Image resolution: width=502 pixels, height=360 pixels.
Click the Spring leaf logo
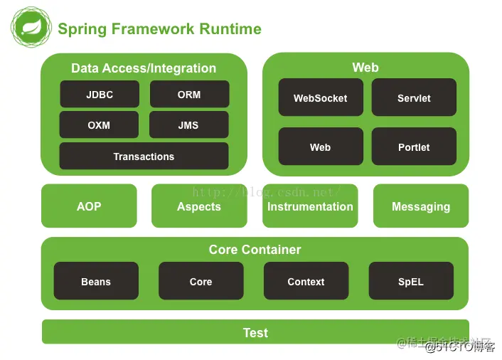pos(31,28)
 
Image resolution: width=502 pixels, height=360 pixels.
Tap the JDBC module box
pos(100,95)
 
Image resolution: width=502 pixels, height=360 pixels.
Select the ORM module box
pos(189,95)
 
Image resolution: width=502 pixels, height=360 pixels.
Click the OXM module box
pos(99,125)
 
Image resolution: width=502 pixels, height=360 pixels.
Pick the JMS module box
pos(188,125)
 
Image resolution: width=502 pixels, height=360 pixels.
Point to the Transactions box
pos(144,157)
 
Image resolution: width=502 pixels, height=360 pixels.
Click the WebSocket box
pos(321,98)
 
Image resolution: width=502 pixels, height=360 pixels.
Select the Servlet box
pos(414,98)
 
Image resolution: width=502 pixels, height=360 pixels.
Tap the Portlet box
pos(414,147)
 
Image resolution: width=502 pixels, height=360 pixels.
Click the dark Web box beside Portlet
pos(321,147)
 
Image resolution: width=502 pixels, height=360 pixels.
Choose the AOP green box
pos(89,206)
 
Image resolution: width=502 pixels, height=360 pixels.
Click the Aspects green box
pos(199,206)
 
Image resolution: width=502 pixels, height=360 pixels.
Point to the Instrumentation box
pos(310,206)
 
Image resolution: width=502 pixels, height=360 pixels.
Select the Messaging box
pos(421,206)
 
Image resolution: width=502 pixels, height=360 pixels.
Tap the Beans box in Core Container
pos(96,282)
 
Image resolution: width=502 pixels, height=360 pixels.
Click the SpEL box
pos(411,282)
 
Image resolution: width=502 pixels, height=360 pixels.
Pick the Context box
pos(306,282)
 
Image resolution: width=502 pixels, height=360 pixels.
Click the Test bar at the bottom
pos(255,332)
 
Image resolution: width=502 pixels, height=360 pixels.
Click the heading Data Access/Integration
pos(144,68)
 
